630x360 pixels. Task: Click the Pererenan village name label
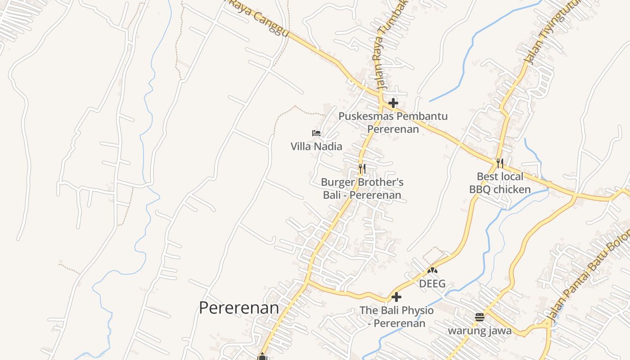click(x=239, y=308)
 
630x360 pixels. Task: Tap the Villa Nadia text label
click(x=316, y=146)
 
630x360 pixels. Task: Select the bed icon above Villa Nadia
click(x=316, y=133)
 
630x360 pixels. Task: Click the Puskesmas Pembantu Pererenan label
click(x=393, y=122)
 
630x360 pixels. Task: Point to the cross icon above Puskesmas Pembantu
click(x=393, y=103)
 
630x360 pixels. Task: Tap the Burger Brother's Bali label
click(x=362, y=189)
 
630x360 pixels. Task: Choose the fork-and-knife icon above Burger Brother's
click(x=362, y=169)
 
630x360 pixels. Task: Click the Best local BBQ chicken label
click(x=500, y=183)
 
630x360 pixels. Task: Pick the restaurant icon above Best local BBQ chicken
click(x=500, y=162)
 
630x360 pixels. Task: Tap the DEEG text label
click(x=432, y=284)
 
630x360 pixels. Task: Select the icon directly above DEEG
click(x=432, y=271)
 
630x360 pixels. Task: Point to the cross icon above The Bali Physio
click(x=396, y=297)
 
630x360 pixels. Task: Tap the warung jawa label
click(x=479, y=331)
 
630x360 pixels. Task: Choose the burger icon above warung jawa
click(x=479, y=317)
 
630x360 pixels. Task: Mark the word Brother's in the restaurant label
click(x=380, y=182)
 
